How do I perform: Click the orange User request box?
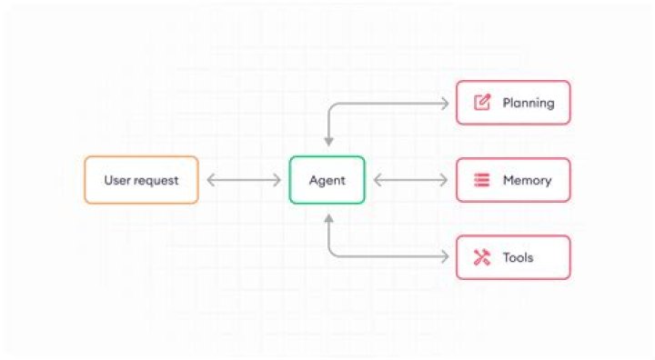click(x=141, y=180)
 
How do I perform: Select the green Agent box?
click(x=327, y=180)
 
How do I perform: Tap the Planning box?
click(x=513, y=103)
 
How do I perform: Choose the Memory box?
click(x=513, y=180)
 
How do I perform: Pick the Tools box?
click(x=513, y=257)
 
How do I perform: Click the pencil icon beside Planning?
click(x=482, y=103)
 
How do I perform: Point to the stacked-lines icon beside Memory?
click(x=482, y=180)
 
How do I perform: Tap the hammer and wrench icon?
click(x=482, y=257)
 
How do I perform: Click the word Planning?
click(x=528, y=103)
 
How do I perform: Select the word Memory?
click(x=527, y=180)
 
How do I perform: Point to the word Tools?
click(x=518, y=257)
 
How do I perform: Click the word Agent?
click(x=327, y=180)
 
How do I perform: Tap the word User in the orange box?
click(x=117, y=180)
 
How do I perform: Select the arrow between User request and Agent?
click(x=244, y=180)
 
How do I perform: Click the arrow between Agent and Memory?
click(x=410, y=180)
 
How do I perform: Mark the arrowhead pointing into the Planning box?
click(x=445, y=103)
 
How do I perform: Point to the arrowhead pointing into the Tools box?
click(x=445, y=257)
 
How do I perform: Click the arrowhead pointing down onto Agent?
click(x=327, y=142)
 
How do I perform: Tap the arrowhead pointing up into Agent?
click(x=327, y=218)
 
